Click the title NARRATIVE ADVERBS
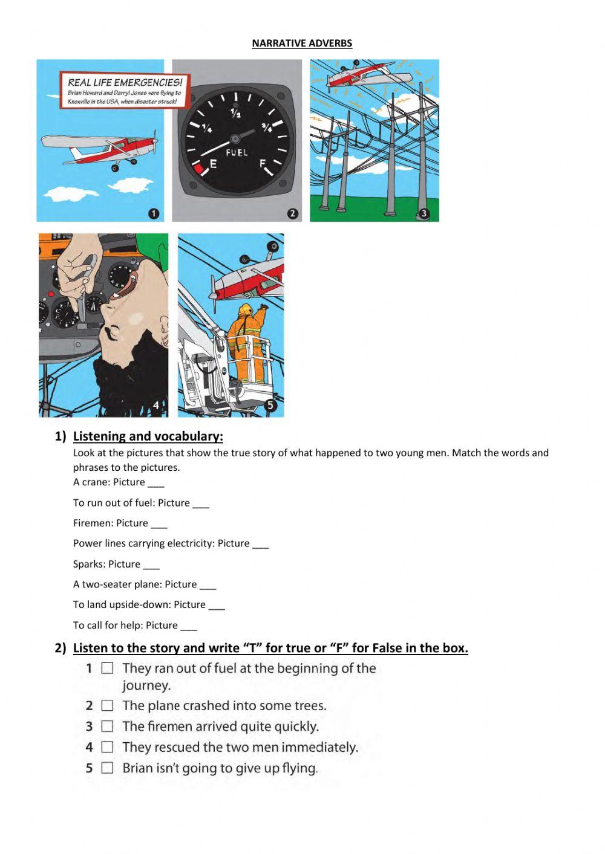point(302,43)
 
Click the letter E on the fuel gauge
point(213,164)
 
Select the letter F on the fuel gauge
point(263,164)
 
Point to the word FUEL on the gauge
point(237,152)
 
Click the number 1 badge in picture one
point(153,213)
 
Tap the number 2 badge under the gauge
point(293,213)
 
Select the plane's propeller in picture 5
point(213,288)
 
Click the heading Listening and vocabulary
point(148,436)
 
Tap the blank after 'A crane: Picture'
point(156,483)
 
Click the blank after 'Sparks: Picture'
point(151,565)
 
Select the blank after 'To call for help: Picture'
point(189,626)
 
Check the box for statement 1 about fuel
point(108,668)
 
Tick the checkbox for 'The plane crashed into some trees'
point(108,705)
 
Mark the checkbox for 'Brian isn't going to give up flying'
point(108,768)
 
